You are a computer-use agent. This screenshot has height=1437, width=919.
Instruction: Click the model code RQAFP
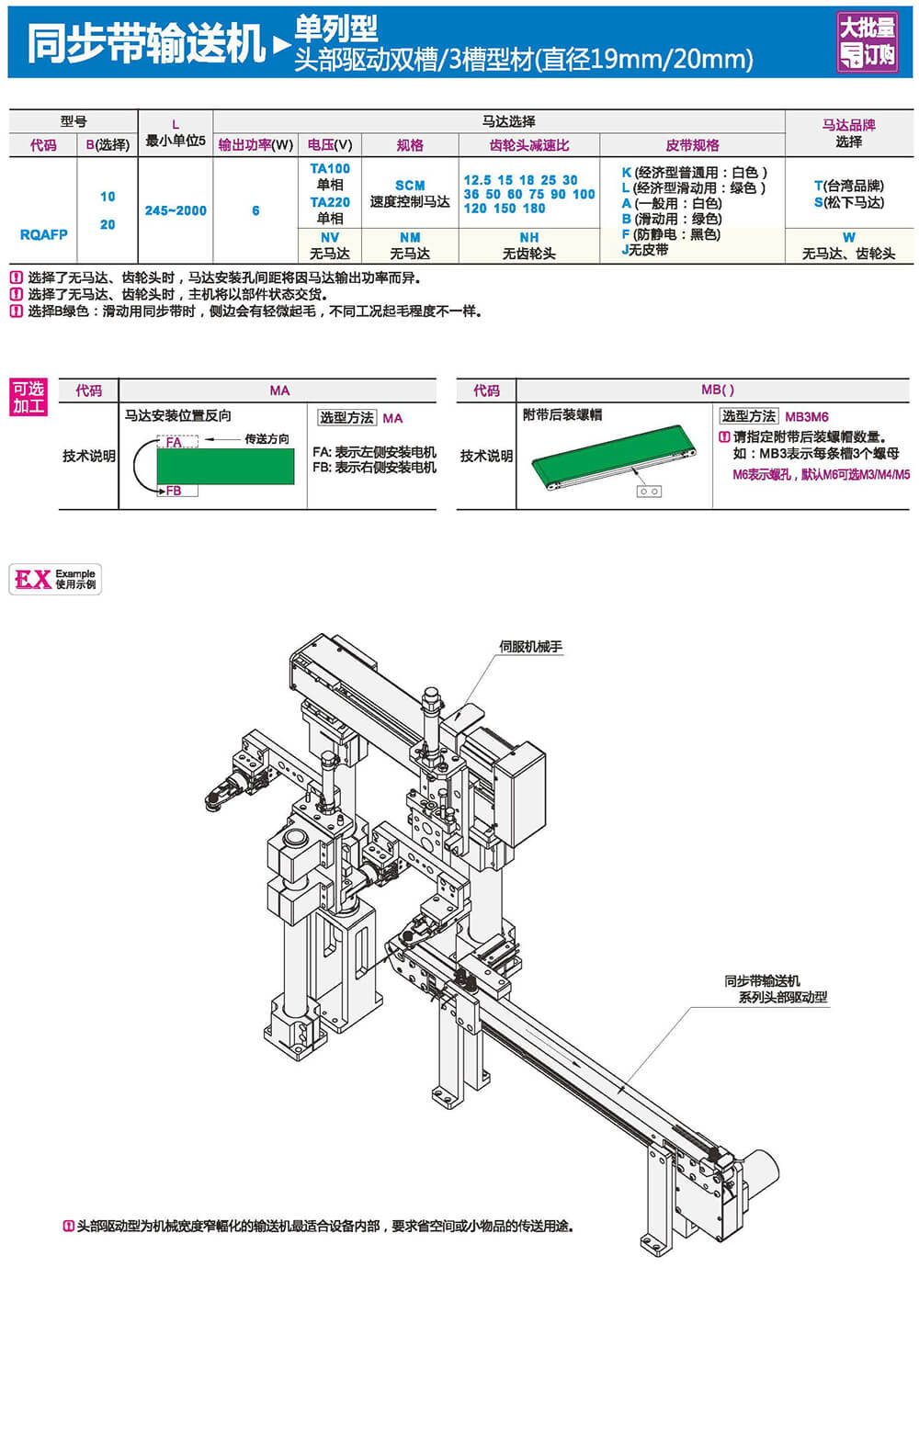43,234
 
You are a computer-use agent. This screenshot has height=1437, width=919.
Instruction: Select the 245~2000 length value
176,210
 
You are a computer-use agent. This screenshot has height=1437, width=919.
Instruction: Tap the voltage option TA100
330,169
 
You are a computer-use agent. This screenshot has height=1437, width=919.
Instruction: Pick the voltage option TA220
330,202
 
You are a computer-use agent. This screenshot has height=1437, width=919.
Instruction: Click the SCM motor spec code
410,186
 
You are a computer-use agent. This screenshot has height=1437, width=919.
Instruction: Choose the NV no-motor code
330,238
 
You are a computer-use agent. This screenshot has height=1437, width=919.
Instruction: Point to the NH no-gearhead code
528,238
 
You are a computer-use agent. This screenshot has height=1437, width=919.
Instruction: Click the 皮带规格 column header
692,145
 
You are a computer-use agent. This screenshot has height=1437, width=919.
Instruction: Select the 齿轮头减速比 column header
528,145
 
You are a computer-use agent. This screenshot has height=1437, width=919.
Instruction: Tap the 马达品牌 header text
848,125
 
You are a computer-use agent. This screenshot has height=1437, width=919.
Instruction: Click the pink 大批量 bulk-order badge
867,42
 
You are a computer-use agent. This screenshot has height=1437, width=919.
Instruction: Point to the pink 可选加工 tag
28,397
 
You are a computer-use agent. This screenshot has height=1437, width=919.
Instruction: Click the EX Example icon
55,579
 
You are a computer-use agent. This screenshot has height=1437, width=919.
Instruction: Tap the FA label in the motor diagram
174,442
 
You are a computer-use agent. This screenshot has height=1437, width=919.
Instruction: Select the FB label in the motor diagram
174,492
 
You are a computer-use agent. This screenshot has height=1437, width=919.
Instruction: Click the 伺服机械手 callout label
530,647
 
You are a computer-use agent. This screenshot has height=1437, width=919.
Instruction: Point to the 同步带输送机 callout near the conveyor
763,981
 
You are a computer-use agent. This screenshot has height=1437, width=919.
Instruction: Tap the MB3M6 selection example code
806,417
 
